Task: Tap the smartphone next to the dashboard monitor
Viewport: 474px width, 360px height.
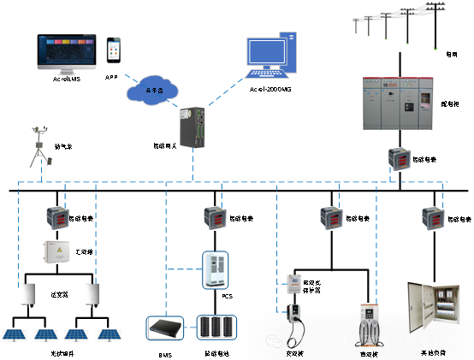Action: click(x=113, y=51)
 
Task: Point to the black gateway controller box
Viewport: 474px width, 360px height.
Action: click(x=193, y=127)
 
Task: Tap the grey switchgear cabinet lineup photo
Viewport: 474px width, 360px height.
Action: click(x=398, y=103)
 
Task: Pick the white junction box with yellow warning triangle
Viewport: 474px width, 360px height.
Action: click(x=56, y=251)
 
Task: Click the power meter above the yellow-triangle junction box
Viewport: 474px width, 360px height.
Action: click(x=57, y=218)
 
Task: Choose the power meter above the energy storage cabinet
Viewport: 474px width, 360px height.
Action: click(x=215, y=218)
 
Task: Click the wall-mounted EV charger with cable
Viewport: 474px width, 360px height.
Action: click(x=294, y=316)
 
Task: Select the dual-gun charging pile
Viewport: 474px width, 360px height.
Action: click(x=369, y=325)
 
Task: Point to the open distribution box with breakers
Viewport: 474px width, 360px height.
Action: click(x=432, y=307)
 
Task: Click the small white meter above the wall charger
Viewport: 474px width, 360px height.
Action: click(x=293, y=284)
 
